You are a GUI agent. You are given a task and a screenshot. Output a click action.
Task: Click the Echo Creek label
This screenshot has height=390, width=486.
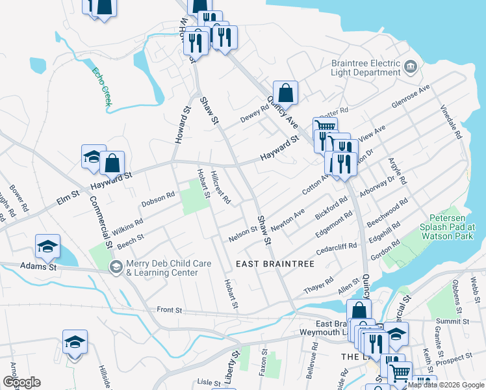pos(102,86)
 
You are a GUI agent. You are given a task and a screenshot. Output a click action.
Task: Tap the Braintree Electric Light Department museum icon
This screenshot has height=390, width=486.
pos(411,66)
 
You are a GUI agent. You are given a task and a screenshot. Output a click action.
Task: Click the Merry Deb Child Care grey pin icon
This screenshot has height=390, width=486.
pos(116,266)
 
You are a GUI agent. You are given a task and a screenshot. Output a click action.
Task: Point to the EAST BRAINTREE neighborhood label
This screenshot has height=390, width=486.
pos(275,264)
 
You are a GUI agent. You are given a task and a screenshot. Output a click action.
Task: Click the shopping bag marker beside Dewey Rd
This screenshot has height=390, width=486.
pos(285,92)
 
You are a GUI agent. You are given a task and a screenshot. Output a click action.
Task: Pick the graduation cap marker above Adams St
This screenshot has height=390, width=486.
pos(47,246)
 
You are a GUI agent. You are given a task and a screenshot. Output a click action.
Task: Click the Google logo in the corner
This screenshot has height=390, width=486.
pos(21,382)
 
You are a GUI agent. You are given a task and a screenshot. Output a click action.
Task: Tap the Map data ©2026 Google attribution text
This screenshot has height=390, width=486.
pos(446,385)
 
